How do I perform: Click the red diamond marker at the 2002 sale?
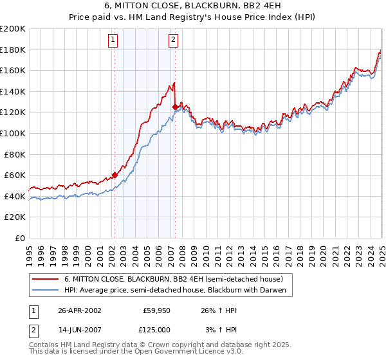pos(115,175)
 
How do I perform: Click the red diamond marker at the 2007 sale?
pos(175,107)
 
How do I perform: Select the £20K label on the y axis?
pos(15,217)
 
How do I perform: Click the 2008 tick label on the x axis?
pos(183,249)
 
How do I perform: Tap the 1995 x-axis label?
pos(30,249)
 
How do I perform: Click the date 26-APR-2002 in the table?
pos(80,310)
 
